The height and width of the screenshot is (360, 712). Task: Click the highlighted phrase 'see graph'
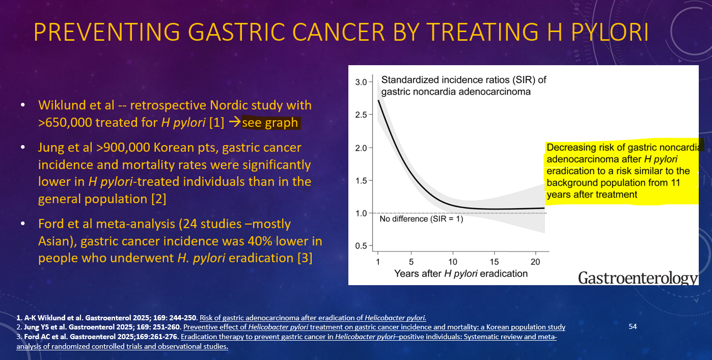coord(269,123)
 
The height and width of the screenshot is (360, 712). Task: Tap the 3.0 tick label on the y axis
coord(361,82)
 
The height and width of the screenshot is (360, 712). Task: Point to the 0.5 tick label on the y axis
coord(361,246)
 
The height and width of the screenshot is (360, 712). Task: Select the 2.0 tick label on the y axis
coord(361,148)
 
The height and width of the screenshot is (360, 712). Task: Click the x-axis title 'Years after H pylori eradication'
coord(461,273)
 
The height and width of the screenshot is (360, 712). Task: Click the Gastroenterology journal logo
coord(638,278)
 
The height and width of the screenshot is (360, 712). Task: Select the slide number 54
coord(633,326)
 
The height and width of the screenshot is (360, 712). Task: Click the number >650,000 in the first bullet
coord(64,123)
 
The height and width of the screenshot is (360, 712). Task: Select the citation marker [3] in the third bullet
coord(305,258)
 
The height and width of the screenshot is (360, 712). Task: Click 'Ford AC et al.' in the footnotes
coord(36,337)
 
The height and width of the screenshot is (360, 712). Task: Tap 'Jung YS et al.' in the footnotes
coord(36,327)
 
